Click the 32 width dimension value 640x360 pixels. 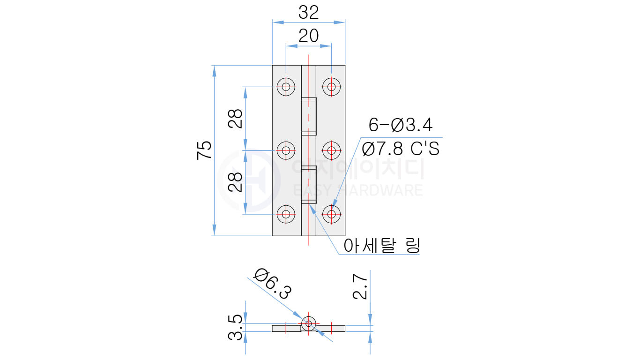click(309, 12)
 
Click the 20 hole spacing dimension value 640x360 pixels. click(309, 36)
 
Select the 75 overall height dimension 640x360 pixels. click(204, 150)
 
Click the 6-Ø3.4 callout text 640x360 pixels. click(401, 125)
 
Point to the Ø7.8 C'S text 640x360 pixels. click(401, 149)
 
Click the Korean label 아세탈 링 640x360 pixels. click(381, 245)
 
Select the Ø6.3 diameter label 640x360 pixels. click(273, 285)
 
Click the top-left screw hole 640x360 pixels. click(286, 86)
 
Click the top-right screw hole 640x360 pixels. click(332, 86)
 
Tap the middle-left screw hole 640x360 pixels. click(286, 150)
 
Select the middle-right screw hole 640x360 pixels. click(332, 150)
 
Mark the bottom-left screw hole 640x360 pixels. click(286, 215)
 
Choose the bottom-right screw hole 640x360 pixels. click(332, 215)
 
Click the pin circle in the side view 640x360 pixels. click(308, 323)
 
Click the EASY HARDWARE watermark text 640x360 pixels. click(358, 190)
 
